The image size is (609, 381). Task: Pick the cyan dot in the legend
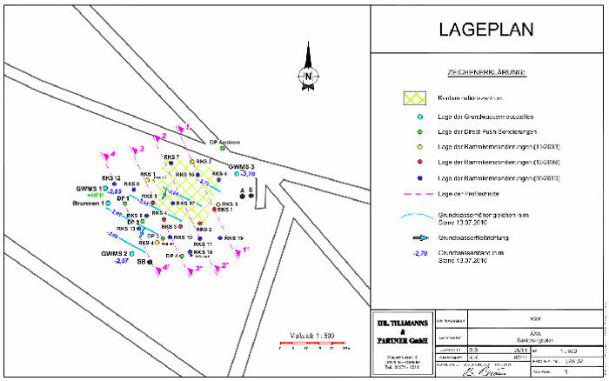pyautogui.click(x=418, y=117)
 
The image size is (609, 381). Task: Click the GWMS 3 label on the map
pyautogui.click(x=241, y=166)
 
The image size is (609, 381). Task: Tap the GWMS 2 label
pyautogui.click(x=114, y=253)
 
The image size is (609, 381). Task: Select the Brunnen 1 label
pyautogui.click(x=89, y=203)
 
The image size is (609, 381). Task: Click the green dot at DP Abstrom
pyautogui.click(x=223, y=149)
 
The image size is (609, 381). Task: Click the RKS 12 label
pyautogui.click(x=110, y=178)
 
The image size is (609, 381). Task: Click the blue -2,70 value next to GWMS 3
pyautogui.click(x=247, y=174)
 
